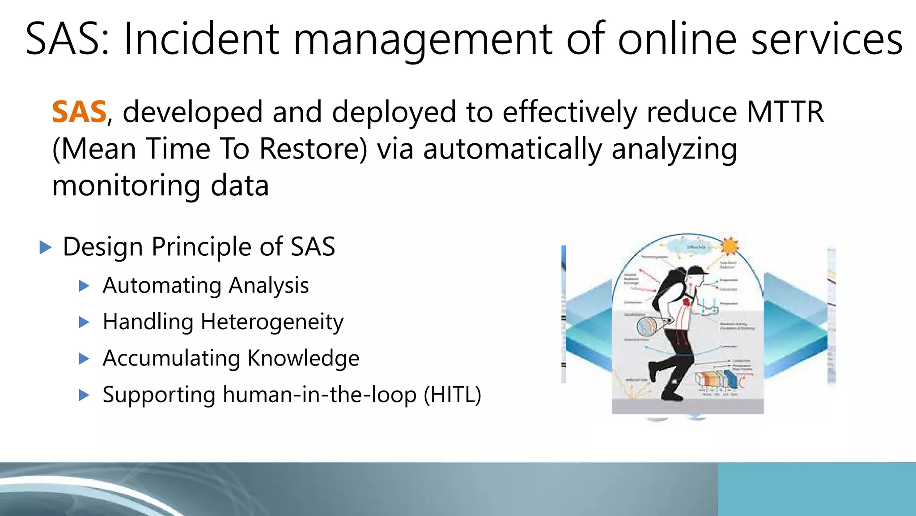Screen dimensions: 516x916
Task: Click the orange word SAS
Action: (x=79, y=112)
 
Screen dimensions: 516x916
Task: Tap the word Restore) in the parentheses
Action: (x=313, y=149)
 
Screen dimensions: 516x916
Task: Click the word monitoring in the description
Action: (x=126, y=186)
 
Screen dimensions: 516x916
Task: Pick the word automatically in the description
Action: (x=513, y=149)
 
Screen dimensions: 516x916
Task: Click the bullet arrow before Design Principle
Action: (x=46, y=247)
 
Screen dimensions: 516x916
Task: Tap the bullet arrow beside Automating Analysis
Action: (x=84, y=286)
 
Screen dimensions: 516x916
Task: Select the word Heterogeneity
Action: (x=272, y=322)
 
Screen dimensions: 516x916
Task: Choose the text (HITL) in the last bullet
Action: (x=452, y=395)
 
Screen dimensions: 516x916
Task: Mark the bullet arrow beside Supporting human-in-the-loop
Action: (x=84, y=395)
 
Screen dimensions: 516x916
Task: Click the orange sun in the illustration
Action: (x=729, y=246)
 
